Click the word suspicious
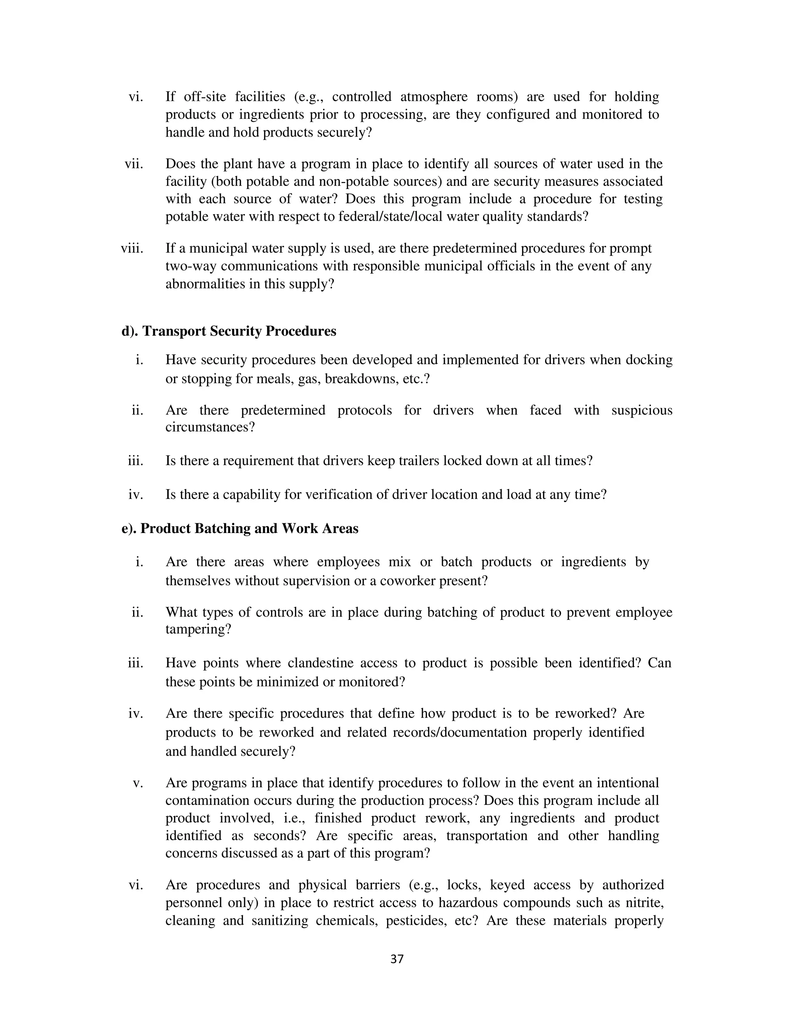click(641, 410)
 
